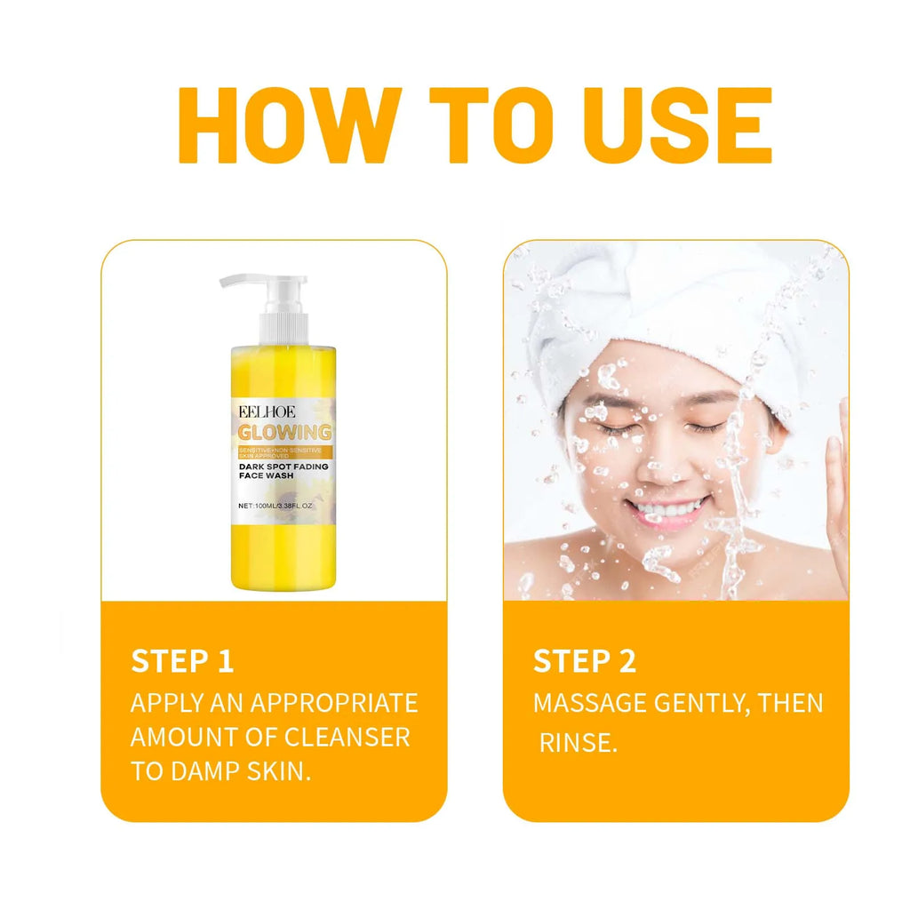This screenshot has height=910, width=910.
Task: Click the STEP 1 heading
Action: coord(182,661)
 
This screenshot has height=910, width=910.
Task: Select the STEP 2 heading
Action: coord(584,661)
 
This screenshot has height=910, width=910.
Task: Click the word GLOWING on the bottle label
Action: coord(284,433)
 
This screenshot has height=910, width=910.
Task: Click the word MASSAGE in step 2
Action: coord(589,703)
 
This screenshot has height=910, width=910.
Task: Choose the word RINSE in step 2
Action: coord(578,742)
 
